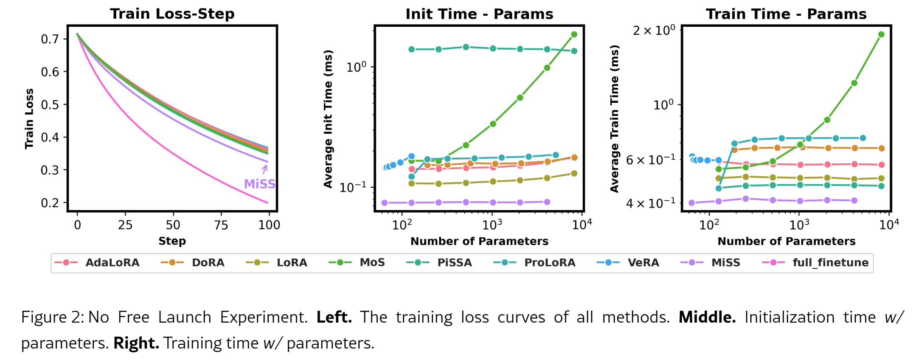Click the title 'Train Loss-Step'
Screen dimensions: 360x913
(x=172, y=14)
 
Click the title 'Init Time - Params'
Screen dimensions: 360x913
(x=479, y=14)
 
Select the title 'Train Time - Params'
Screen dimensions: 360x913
(x=786, y=14)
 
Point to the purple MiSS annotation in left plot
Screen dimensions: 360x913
(x=259, y=184)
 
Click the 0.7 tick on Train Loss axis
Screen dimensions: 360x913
(x=50, y=39)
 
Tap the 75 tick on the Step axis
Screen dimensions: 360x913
(x=221, y=225)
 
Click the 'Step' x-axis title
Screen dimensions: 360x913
(x=172, y=241)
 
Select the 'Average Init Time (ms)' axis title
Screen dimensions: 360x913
(x=328, y=119)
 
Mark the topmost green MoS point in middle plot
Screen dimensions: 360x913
(x=574, y=34)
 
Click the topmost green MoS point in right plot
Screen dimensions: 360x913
(x=881, y=34)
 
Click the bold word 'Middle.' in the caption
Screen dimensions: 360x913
(x=707, y=317)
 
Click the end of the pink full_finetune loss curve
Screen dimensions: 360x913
(x=268, y=203)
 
